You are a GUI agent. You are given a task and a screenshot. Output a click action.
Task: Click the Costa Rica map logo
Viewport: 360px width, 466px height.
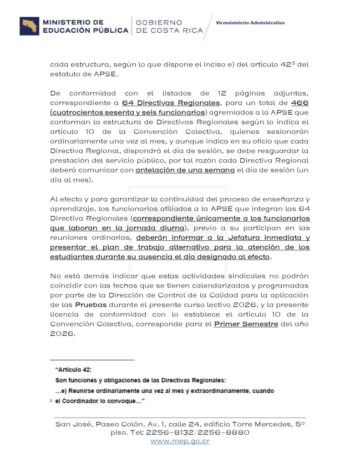[29, 26]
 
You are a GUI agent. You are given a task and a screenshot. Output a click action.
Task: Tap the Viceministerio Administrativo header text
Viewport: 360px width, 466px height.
[250, 22]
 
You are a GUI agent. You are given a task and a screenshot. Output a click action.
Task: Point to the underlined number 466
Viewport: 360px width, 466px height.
[299, 103]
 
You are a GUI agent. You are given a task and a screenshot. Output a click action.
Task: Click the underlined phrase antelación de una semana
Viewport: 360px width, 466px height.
[185, 170]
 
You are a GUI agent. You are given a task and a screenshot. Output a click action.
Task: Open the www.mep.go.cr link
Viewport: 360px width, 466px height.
[180, 441]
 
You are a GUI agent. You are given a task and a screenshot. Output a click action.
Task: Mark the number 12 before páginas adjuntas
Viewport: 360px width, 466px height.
[203, 93]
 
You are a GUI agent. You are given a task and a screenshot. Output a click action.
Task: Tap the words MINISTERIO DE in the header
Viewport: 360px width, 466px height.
[73, 22]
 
